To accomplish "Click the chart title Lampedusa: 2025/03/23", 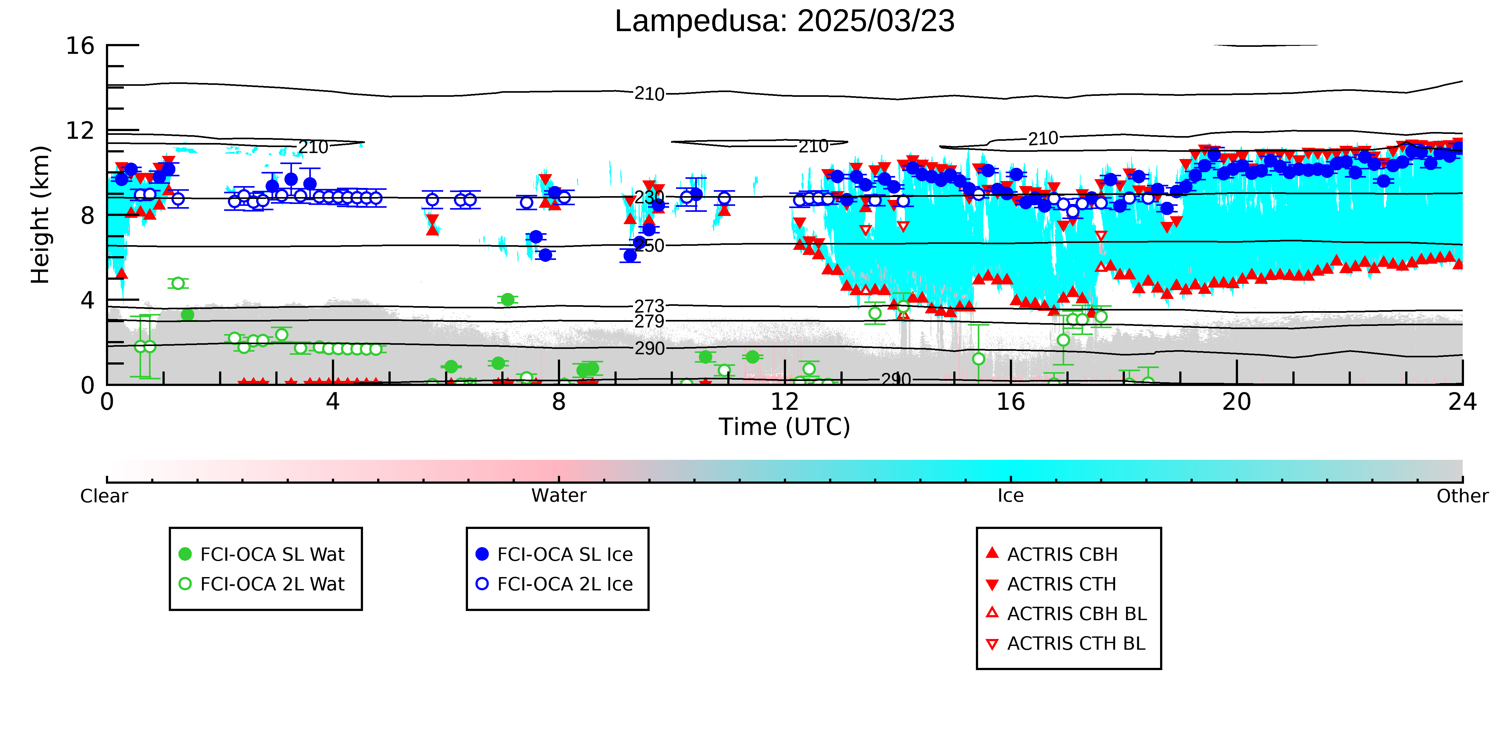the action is [x=784, y=21].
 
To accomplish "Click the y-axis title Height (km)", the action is [x=41, y=215].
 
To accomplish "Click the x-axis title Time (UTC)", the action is [x=784, y=427].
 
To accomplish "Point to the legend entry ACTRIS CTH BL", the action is [x=1065, y=643].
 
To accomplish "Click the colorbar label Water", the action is [x=559, y=496].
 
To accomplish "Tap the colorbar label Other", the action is [x=1462, y=496].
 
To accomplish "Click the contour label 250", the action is [x=649, y=245].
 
